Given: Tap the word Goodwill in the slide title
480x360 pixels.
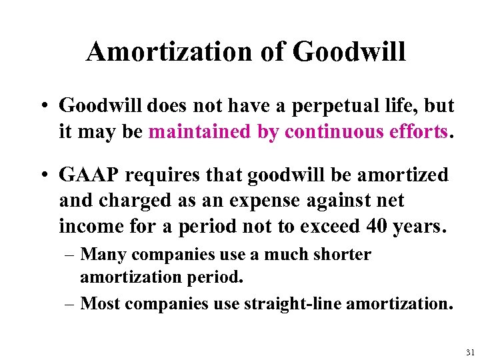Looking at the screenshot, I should click(349, 51).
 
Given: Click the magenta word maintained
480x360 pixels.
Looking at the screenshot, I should click(199, 131).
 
